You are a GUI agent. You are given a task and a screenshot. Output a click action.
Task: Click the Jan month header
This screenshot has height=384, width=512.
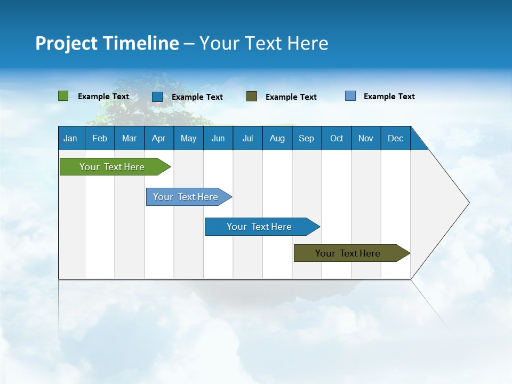71,138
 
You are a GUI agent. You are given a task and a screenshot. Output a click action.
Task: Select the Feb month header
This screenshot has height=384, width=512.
100,138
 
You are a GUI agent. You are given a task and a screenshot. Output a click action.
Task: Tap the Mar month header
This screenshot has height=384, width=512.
129,138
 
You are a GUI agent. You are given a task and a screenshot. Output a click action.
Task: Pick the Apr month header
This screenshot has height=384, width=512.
159,138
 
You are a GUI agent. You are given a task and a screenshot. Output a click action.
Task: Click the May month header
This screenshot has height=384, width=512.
188,138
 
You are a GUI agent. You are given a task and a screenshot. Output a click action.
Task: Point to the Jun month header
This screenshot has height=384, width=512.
218,138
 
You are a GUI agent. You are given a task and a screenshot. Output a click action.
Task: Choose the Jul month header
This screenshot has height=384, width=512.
247,138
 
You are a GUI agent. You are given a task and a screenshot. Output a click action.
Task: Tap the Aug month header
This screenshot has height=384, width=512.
277,138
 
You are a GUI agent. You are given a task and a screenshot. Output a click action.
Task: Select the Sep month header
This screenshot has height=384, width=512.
307,138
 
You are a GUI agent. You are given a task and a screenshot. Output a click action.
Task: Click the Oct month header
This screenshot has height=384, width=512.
337,138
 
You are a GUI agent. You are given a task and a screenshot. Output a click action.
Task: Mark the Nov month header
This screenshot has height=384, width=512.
366,138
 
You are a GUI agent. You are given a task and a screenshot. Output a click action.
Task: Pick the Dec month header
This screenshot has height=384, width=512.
396,138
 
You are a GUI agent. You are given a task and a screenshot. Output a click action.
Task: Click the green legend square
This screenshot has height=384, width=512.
63,96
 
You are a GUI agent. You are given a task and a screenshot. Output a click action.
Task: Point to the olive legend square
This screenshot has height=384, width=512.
252,96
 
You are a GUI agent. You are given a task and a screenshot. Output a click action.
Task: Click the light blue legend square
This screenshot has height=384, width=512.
350,96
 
